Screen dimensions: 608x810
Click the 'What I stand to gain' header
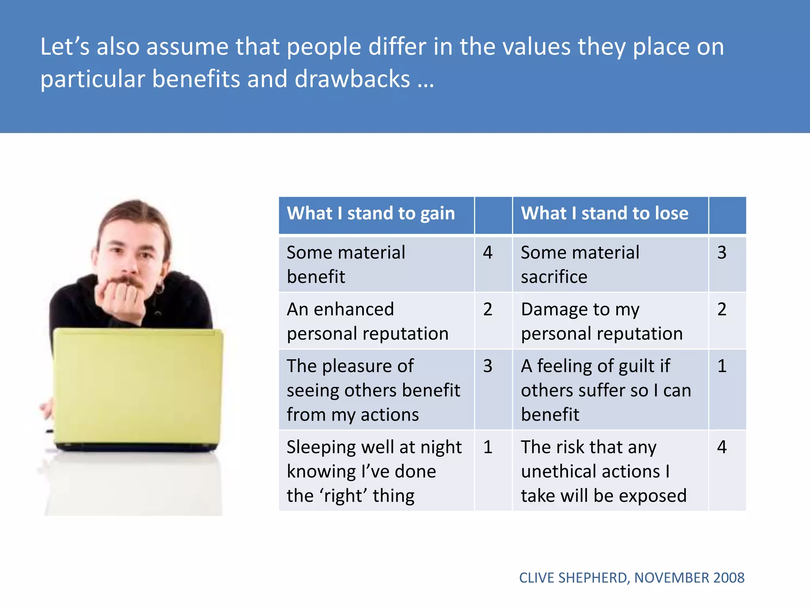[x=371, y=214]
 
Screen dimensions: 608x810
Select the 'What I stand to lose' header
[x=604, y=214]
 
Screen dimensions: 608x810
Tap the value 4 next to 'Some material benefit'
[x=488, y=253]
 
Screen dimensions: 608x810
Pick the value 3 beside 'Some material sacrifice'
[x=722, y=253]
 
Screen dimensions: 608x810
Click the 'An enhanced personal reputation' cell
[x=368, y=321]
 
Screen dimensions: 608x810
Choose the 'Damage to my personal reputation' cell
[x=602, y=321]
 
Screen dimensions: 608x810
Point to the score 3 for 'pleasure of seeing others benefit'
[x=488, y=366]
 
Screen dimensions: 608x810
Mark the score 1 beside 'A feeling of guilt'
[x=722, y=366]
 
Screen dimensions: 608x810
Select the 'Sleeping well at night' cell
[x=374, y=471]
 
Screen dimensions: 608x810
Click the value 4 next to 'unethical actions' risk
[x=722, y=447]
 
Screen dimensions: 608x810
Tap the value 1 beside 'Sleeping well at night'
[x=488, y=447]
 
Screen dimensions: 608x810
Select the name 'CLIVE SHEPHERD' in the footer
[x=573, y=578]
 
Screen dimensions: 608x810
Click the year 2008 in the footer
[x=729, y=578]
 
